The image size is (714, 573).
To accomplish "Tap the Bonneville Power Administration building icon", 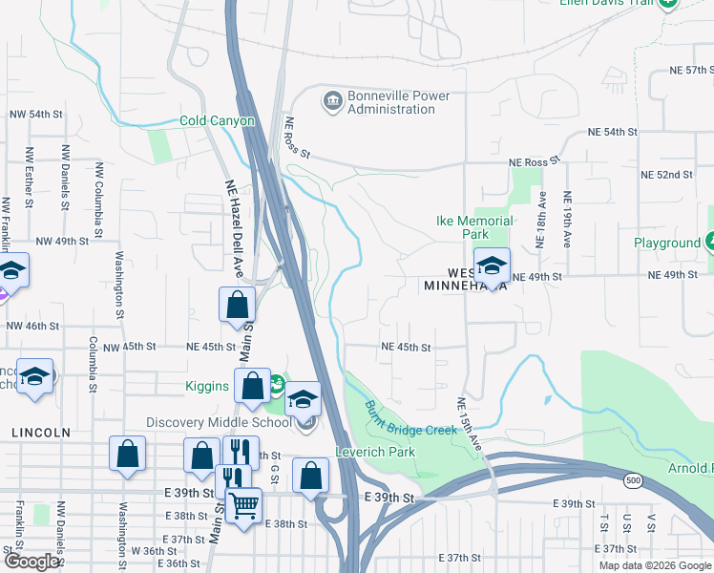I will [332, 99].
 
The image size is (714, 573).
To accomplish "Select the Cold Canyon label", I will [218, 121].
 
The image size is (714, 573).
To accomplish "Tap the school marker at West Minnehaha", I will [492, 266].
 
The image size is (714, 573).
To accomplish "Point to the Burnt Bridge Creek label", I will [410, 418].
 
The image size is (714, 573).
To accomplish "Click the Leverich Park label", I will [375, 452].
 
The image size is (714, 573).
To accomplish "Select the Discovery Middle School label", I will [219, 423].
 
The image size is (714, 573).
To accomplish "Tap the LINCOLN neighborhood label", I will [41, 433].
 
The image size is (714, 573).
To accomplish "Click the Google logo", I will [31, 562].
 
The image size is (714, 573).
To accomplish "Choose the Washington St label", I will [120, 284].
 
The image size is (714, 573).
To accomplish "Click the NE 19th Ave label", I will [567, 221].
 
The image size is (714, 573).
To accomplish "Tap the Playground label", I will [667, 244].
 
